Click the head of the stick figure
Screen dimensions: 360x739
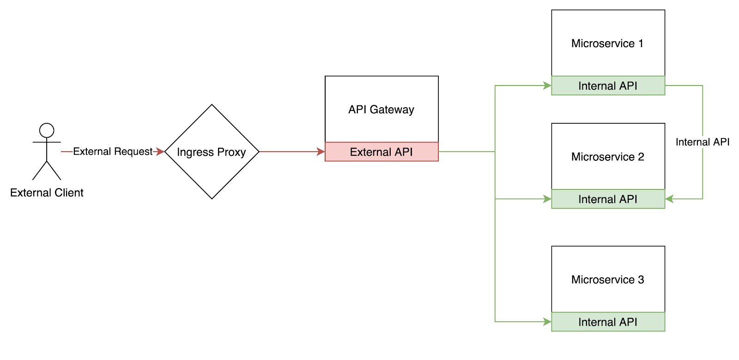(x=47, y=130)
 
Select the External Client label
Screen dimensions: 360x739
(x=47, y=193)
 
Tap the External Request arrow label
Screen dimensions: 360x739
(x=113, y=152)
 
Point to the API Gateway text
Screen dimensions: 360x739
(x=381, y=110)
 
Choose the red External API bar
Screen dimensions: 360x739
(x=382, y=152)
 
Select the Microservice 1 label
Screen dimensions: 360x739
(x=607, y=43)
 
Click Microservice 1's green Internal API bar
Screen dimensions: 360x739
(x=608, y=86)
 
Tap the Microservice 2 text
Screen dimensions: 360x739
(x=607, y=157)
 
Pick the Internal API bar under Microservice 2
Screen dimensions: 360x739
(x=608, y=199)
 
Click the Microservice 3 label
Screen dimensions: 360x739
(x=607, y=280)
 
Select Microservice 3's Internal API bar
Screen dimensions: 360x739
(x=608, y=322)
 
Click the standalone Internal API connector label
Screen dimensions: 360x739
(x=702, y=142)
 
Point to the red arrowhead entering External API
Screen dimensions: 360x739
(x=321, y=152)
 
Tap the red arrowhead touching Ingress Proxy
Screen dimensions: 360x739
(x=160, y=152)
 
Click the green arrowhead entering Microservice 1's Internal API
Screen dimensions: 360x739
(x=548, y=85)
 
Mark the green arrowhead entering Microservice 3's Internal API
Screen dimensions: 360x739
(x=548, y=322)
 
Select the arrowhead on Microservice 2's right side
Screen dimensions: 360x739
(x=669, y=199)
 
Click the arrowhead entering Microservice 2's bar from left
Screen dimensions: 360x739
(x=548, y=199)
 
